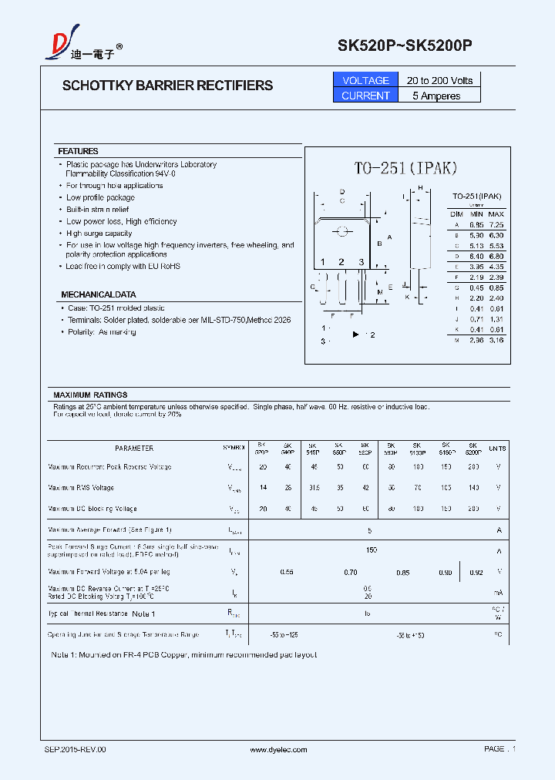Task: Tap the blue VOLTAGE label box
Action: coord(365,80)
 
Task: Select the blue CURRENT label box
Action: coord(365,96)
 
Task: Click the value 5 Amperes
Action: coord(436,96)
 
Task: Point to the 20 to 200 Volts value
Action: coord(439,80)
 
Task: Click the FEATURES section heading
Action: coord(78,151)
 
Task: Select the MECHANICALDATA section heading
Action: coord(99,294)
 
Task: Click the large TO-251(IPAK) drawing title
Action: coord(406,169)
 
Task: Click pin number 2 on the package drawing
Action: coord(341,262)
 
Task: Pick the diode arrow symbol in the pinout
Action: coord(356,335)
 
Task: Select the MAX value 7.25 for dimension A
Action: coord(496,224)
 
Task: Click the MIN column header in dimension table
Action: coord(476,213)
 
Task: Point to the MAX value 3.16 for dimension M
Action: coord(496,340)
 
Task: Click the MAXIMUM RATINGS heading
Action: coord(90,395)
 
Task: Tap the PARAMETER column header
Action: coord(134,448)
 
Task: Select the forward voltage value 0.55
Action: coord(287,572)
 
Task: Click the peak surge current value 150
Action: coord(372,550)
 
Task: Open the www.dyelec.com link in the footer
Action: coord(278,749)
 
